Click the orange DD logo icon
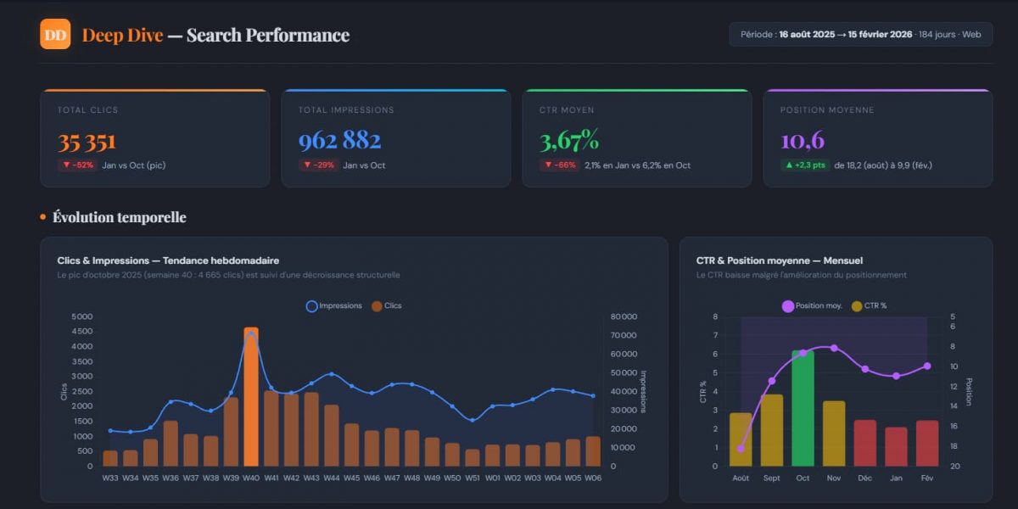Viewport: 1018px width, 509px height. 55,34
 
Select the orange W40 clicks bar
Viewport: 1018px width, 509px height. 251,397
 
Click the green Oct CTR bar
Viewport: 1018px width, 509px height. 803,407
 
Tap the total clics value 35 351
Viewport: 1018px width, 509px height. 87,141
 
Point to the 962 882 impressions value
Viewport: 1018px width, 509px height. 339,141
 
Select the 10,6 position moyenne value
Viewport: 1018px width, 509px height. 803,141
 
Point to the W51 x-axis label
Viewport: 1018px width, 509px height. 473,478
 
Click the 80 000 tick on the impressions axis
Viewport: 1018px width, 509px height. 624,316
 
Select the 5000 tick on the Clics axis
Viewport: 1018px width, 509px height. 82,316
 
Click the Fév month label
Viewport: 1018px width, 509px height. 927,478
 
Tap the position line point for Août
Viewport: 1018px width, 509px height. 741,448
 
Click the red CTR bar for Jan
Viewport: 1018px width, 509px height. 896,446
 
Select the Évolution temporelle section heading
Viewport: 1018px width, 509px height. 119,217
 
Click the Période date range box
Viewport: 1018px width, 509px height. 860,34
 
